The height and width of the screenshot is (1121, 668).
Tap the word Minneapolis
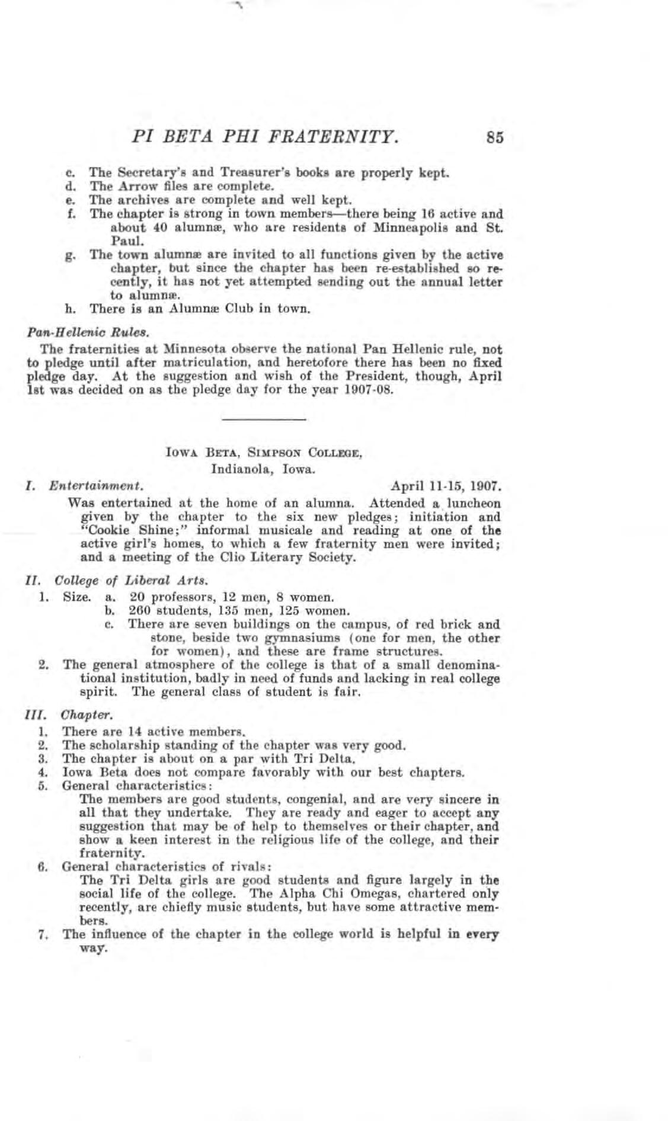point(393,228)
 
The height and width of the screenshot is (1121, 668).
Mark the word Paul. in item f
point(123,241)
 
